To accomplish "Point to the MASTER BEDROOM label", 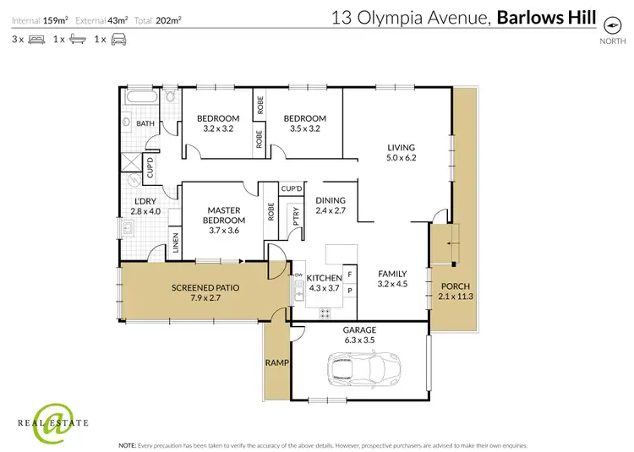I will (224, 215).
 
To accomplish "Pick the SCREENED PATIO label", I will (205, 287).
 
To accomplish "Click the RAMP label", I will (276, 363).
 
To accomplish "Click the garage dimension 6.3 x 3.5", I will (359, 340).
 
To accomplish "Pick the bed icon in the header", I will (36, 39).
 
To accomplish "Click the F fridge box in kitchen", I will (350, 275).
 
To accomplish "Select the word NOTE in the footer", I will (128, 444).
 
